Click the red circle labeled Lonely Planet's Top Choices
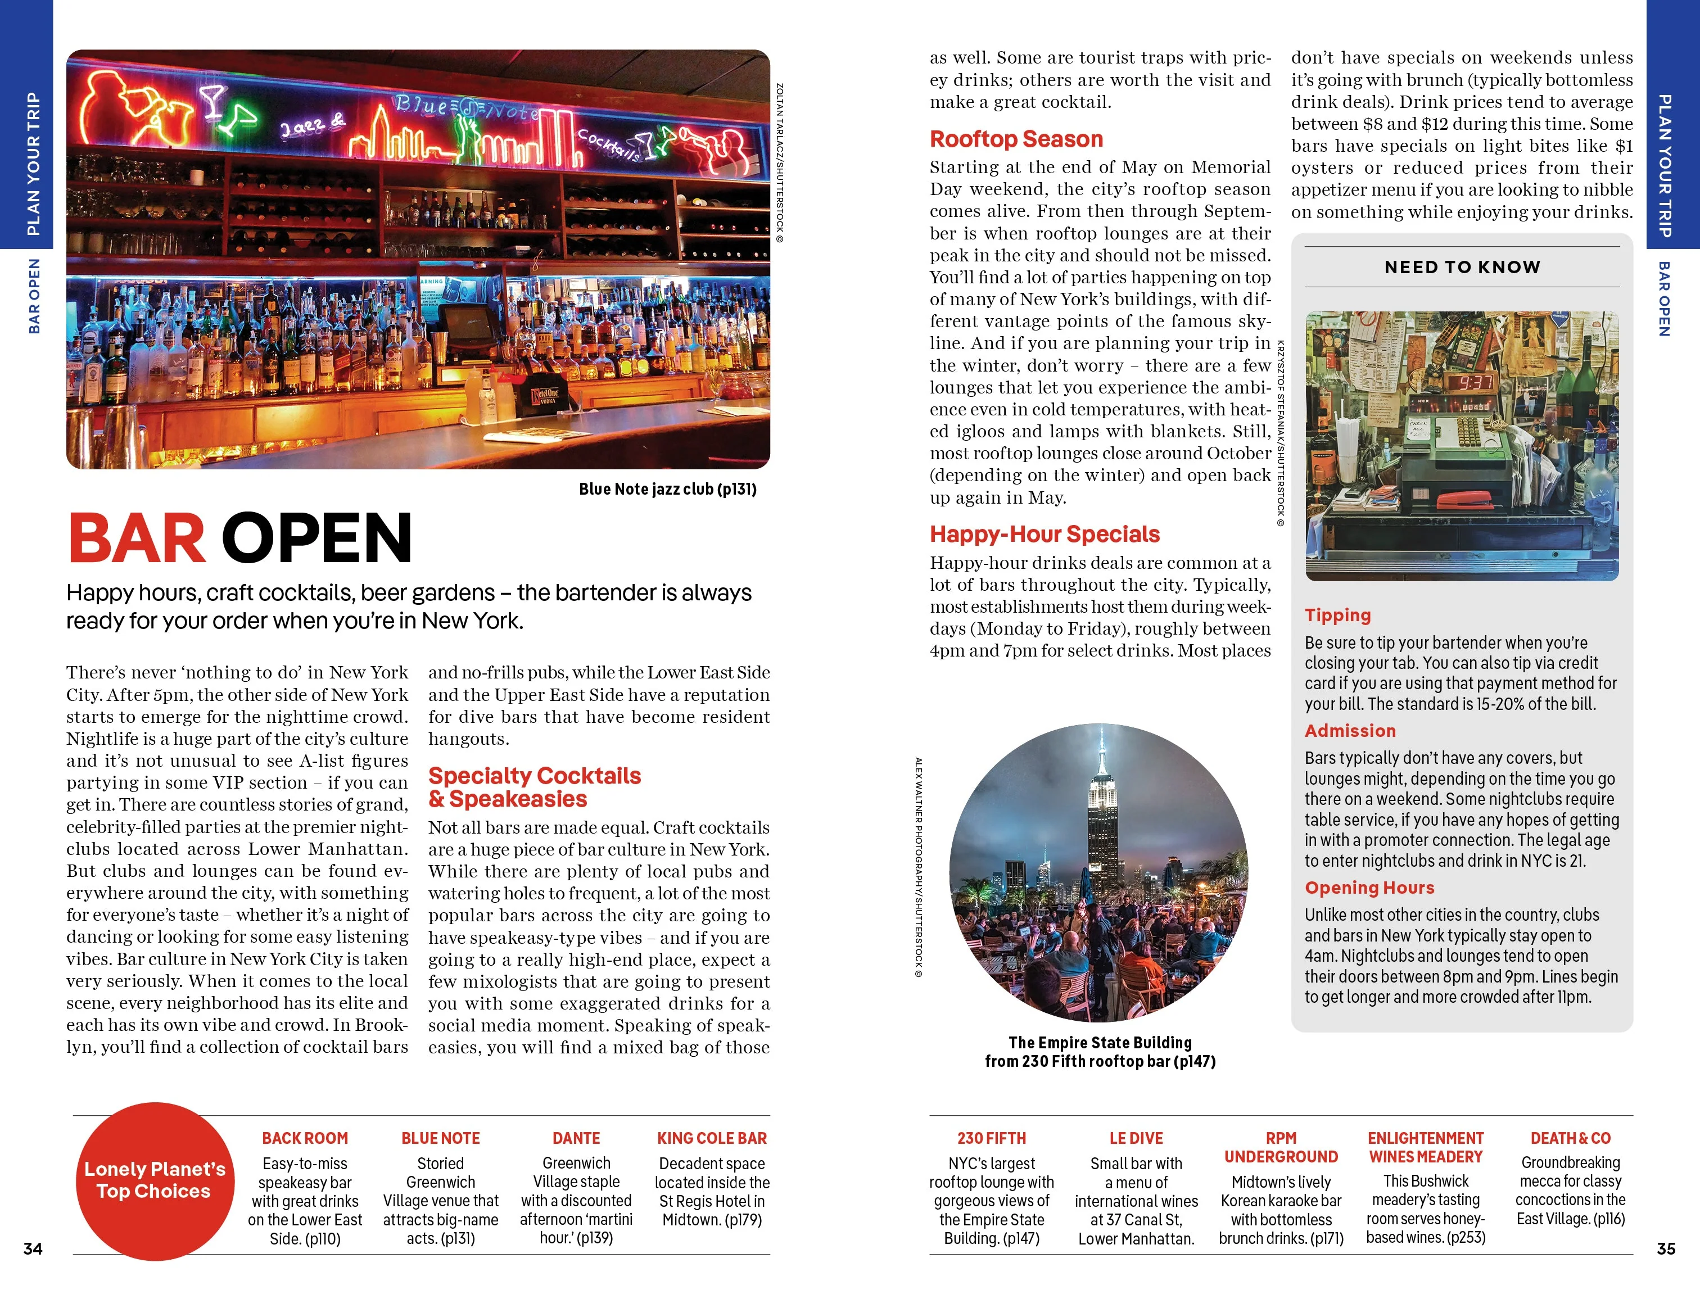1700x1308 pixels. [x=155, y=1180]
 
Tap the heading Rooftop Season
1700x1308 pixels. [x=1016, y=139]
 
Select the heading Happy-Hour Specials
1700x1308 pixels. [x=1045, y=534]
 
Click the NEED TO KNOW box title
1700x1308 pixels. [x=1462, y=267]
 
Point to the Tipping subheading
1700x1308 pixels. [x=1337, y=615]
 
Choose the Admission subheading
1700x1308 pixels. [x=1350, y=731]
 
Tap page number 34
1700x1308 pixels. [x=33, y=1248]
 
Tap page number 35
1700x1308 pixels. [x=1666, y=1248]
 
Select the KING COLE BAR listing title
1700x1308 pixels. [x=712, y=1138]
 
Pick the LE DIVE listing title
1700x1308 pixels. [x=1136, y=1138]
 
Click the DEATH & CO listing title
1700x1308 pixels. [x=1570, y=1138]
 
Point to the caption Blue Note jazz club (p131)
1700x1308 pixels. [x=667, y=488]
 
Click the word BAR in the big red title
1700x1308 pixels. [x=137, y=538]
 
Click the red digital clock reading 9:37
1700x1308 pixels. [x=1475, y=382]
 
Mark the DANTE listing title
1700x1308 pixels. [x=576, y=1138]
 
